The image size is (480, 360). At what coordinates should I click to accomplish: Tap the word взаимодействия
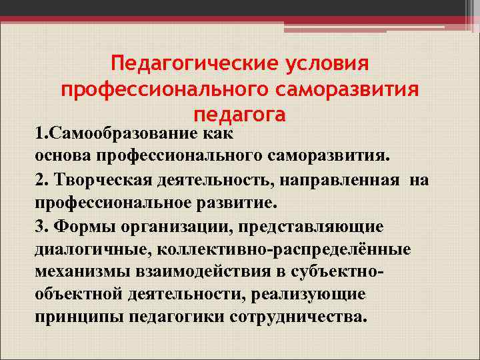193,271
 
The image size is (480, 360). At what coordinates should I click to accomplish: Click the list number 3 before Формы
40,226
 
